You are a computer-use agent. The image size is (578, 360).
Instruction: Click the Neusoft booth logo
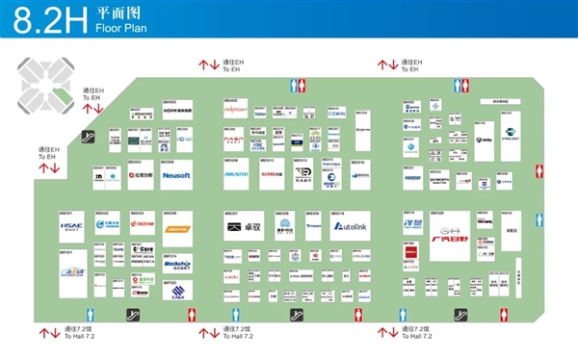point(176,176)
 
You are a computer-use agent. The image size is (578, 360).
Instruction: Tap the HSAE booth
point(73,228)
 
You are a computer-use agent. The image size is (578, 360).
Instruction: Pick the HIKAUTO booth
point(237,175)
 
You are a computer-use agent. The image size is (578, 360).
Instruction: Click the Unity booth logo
point(484,141)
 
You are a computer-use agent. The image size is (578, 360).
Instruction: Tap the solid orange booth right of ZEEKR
point(176,229)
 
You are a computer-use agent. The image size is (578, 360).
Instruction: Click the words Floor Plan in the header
point(118,30)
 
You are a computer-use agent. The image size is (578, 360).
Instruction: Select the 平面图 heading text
point(116,14)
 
